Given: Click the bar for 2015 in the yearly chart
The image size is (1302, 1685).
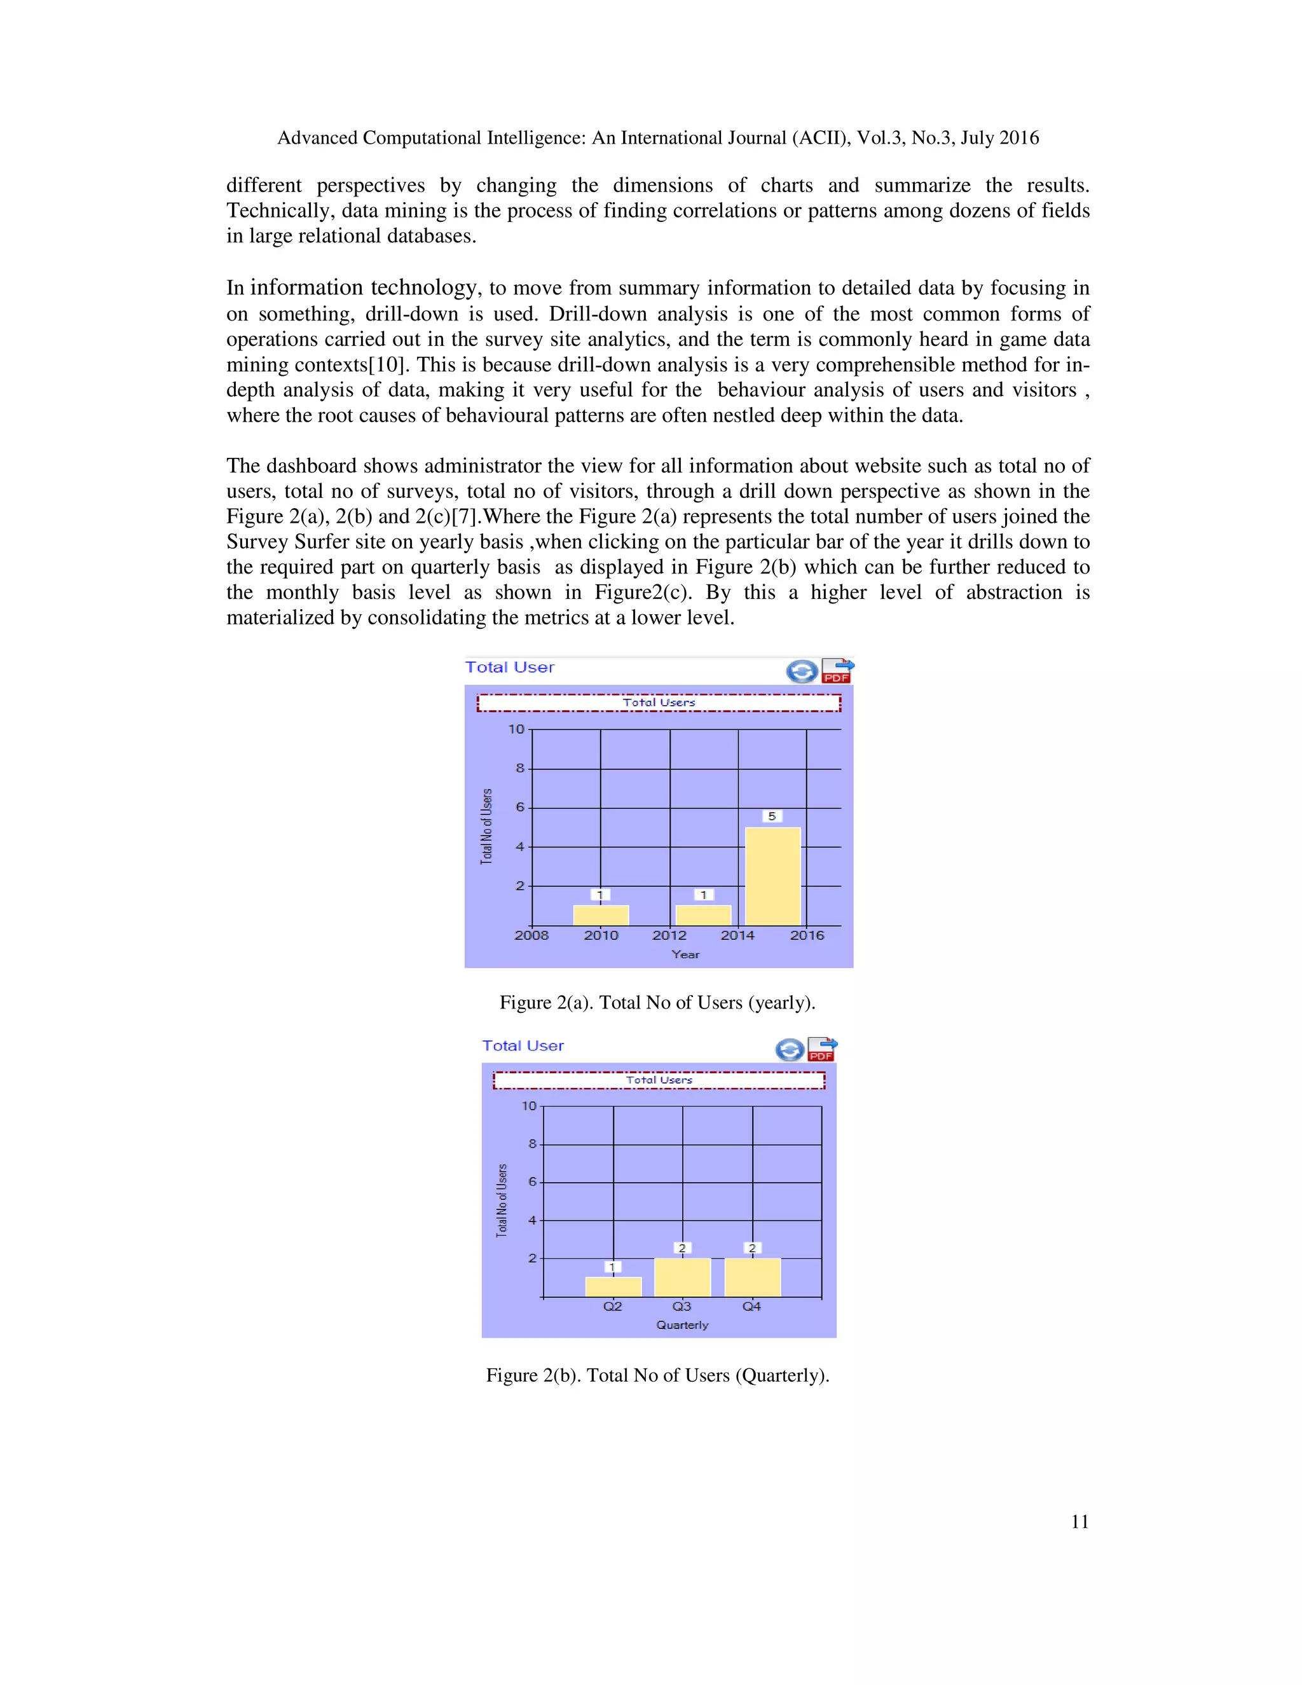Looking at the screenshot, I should (773, 876).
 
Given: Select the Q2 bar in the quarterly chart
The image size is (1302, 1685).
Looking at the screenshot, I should (613, 1288).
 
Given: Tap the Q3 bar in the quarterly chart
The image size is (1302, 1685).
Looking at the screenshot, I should (682, 1277).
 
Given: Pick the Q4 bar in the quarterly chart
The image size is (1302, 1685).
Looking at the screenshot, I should (752, 1277).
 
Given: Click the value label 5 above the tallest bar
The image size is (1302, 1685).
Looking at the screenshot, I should (771, 816).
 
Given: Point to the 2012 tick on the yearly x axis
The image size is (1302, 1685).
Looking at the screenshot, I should (669, 935).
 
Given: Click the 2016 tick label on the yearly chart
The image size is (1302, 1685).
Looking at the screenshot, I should (807, 935).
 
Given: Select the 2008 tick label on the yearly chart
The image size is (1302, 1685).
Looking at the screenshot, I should (531, 935).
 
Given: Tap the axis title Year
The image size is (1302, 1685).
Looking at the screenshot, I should (685, 954).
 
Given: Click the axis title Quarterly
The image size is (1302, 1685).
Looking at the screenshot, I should (682, 1324).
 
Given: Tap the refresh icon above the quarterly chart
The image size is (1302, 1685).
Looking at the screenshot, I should (789, 1050).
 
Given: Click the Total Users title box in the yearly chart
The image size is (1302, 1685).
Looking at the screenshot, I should (659, 703).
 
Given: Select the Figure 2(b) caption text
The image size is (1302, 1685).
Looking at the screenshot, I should (657, 1375).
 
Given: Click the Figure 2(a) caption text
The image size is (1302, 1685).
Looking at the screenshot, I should (657, 1003).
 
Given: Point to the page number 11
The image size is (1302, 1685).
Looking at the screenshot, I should (1079, 1522).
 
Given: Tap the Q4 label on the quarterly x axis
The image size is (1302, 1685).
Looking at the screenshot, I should (751, 1306).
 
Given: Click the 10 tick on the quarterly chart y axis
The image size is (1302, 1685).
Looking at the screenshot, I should (528, 1106).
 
